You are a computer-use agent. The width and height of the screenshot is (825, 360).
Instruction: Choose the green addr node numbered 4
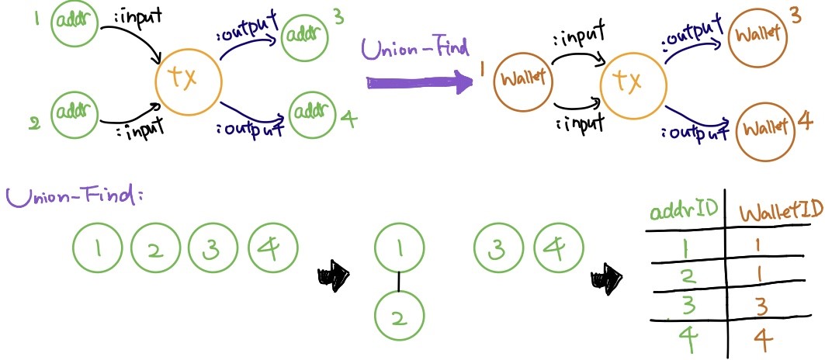click(314, 116)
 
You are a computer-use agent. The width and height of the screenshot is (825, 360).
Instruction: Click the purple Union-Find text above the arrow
click(415, 49)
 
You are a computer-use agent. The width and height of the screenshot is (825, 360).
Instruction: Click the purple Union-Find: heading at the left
click(76, 195)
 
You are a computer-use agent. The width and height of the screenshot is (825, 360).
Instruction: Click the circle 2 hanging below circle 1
click(399, 316)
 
